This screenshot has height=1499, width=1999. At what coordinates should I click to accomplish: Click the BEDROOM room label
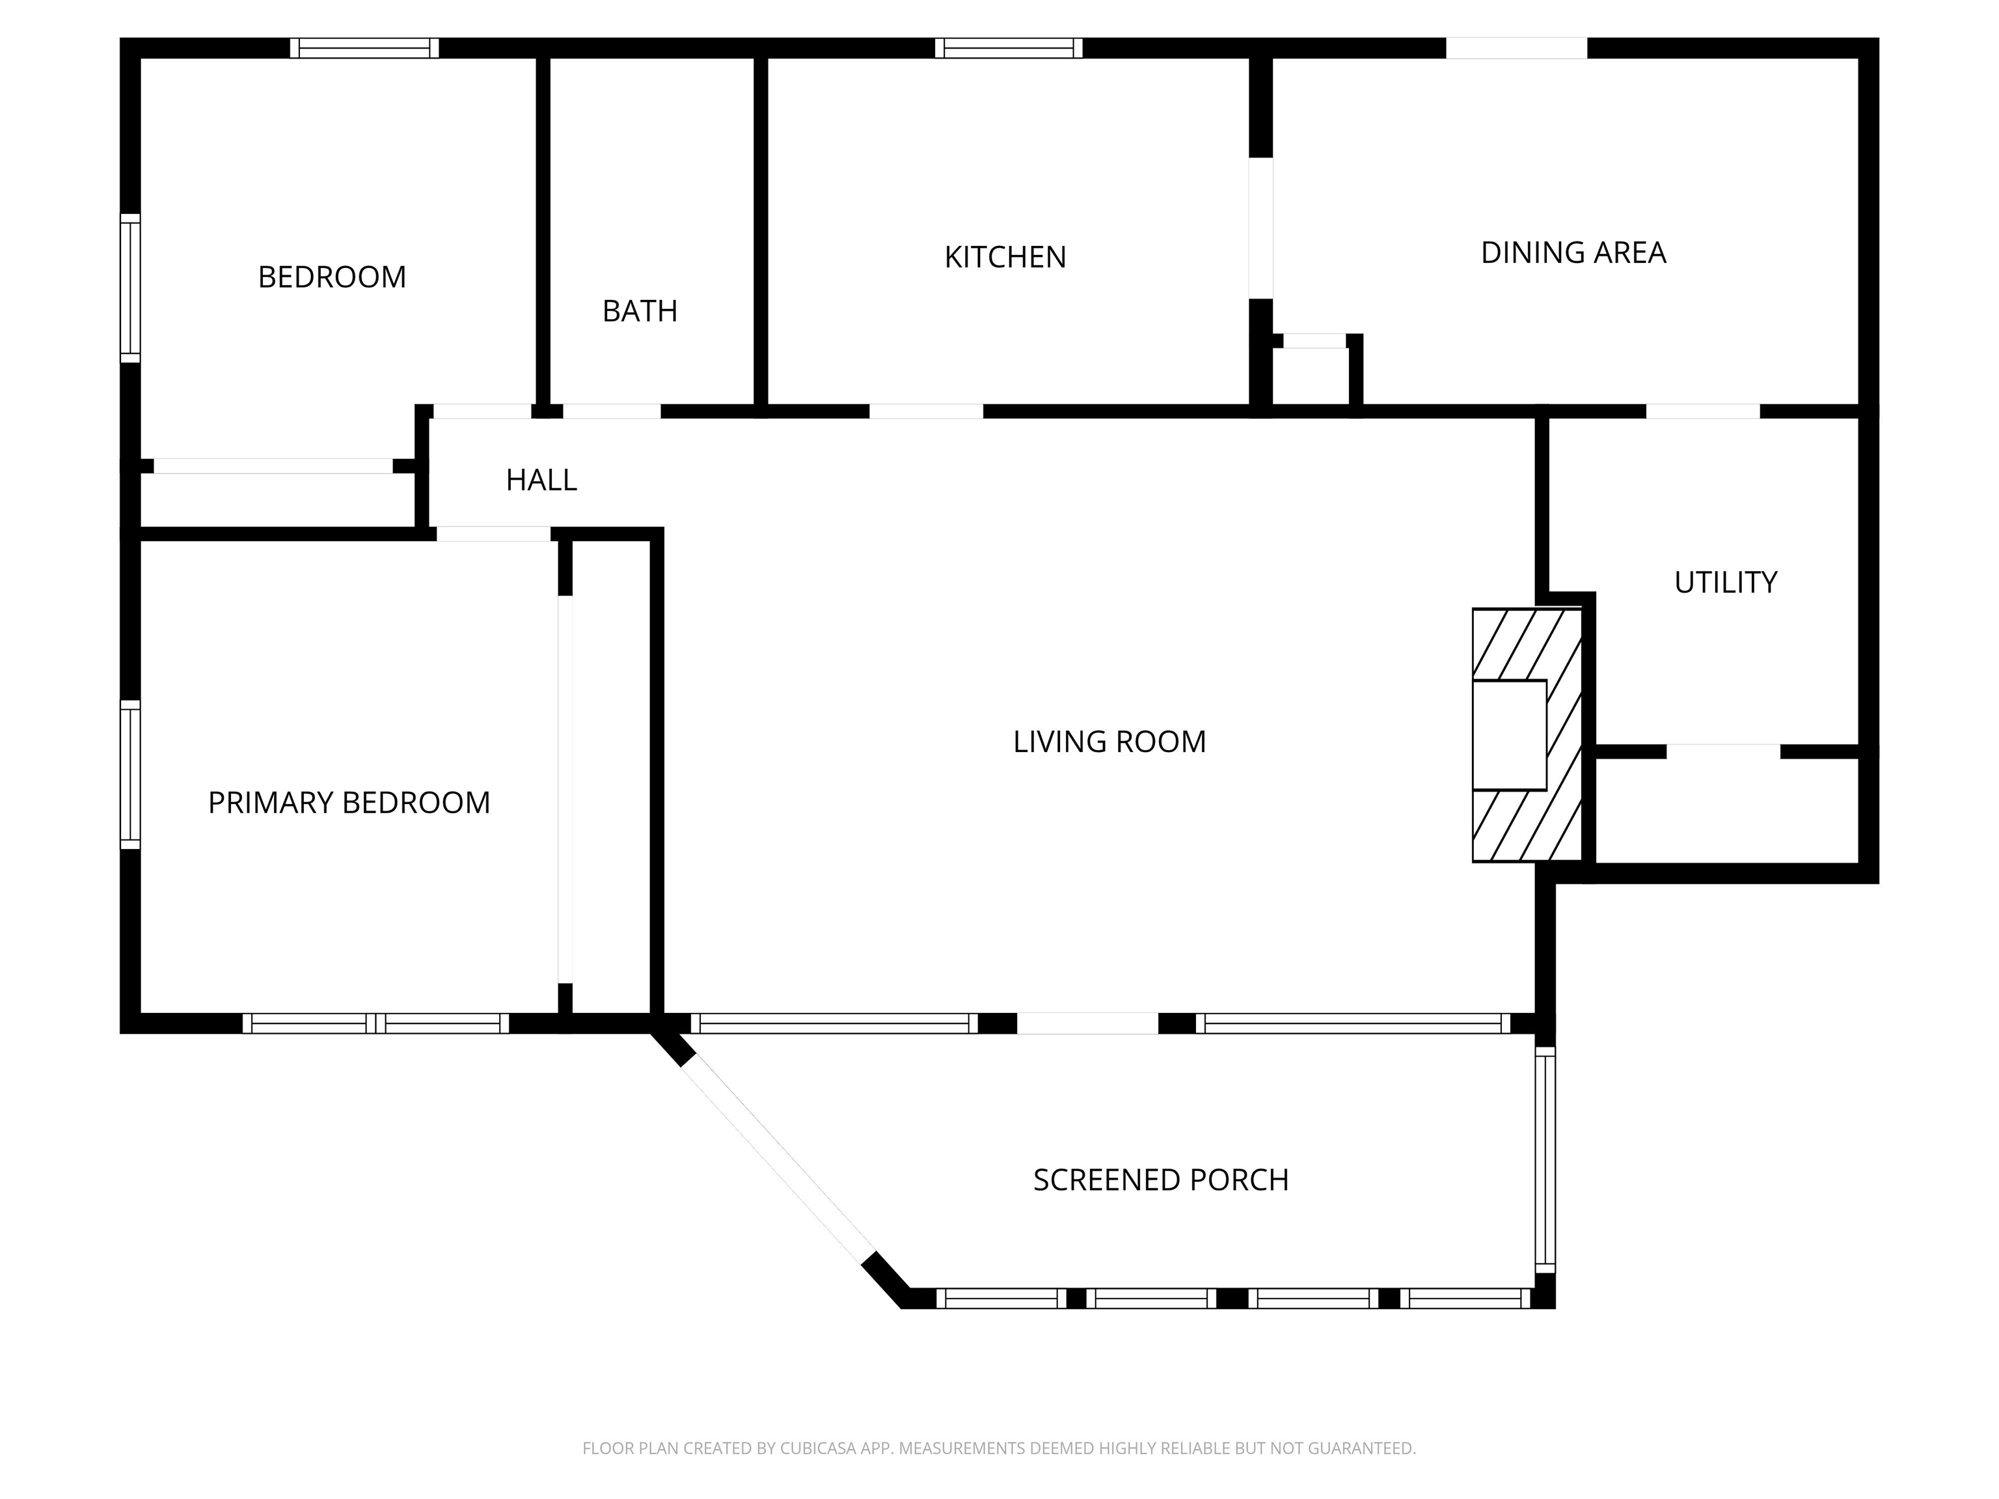click(332, 277)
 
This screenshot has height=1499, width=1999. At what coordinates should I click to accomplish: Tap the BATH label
click(640, 311)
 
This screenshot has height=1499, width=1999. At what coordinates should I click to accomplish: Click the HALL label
click(541, 479)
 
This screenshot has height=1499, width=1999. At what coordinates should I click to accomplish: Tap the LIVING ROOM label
click(1109, 742)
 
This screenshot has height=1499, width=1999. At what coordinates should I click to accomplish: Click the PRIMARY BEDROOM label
click(349, 802)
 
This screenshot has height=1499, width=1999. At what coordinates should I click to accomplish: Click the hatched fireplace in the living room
click(1527, 735)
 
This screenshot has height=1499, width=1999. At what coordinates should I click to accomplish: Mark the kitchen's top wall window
click(1009, 48)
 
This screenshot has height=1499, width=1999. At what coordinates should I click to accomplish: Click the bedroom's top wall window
click(364, 48)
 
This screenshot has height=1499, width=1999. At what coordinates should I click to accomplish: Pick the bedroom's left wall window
click(131, 288)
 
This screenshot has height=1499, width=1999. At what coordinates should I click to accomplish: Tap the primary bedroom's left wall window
click(131, 774)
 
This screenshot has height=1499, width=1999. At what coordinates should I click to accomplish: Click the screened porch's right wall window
click(1545, 1160)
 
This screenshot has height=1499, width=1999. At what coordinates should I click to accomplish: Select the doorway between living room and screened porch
click(1088, 1023)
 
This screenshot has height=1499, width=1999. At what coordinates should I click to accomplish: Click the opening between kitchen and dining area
click(1260, 228)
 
